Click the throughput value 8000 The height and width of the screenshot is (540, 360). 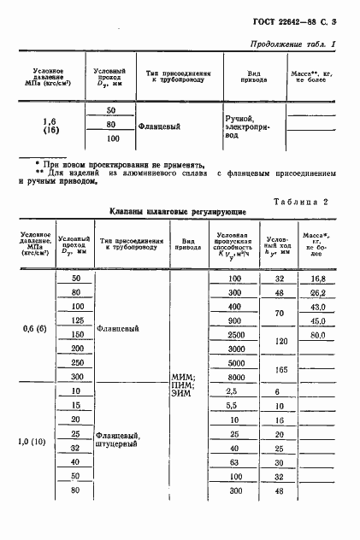pos(234,377)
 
